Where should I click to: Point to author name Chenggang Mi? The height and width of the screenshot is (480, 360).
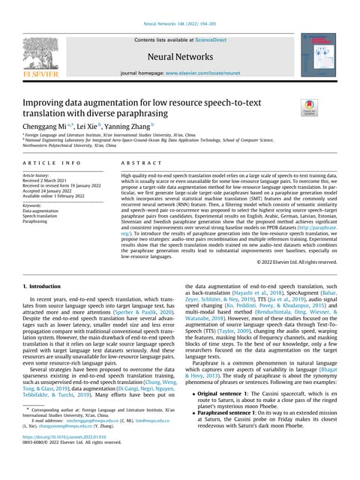47,128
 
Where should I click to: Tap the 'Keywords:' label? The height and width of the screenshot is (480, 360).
37,204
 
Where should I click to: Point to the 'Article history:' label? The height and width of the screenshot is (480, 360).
42,175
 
